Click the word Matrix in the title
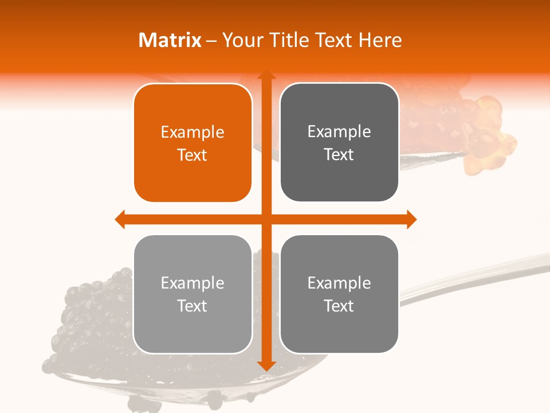(170, 40)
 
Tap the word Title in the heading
(292, 40)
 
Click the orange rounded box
(192, 143)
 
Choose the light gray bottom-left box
(192, 294)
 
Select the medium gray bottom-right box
(339, 294)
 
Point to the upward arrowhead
(266, 76)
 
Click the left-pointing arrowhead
(120, 219)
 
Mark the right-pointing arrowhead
(411, 219)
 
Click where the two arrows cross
(266, 219)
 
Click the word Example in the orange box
(192, 132)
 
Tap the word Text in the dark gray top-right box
(339, 154)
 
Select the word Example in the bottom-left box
(192, 283)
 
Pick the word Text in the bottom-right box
(339, 306)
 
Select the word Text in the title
(334, 40)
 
